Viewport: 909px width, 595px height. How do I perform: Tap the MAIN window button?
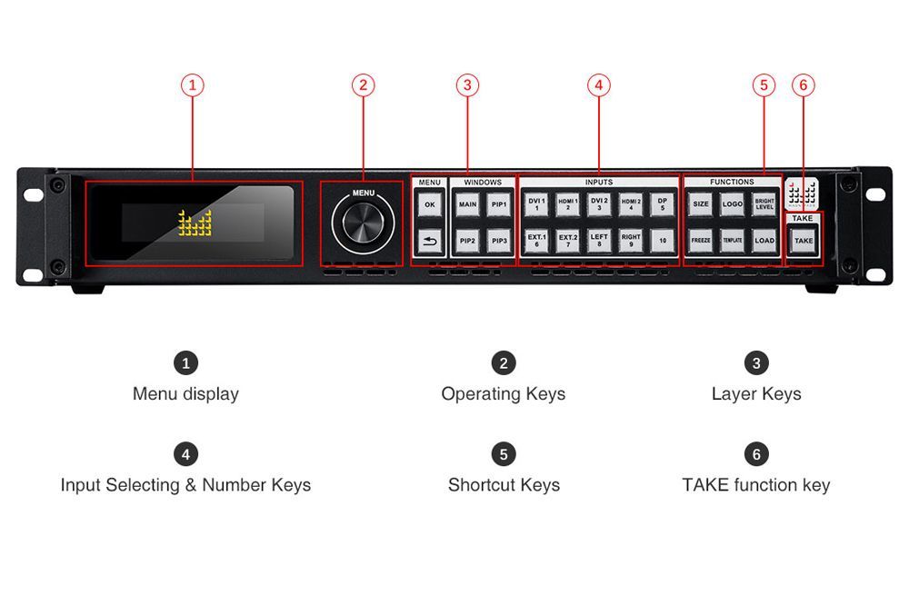tap(467, 205)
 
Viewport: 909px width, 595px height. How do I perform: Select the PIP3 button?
tap(498, 241)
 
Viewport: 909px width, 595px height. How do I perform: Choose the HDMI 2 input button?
tap(631, 204)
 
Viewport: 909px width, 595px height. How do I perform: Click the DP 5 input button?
tap(663, 204)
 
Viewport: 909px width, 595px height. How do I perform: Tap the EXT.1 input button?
tap(536, 241)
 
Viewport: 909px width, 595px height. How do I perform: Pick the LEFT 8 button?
tap(599, 241)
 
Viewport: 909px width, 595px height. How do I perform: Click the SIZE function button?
tap(701, 205)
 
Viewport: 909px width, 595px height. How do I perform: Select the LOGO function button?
tap(733, 205)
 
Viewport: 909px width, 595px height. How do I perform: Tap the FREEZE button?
tap(701, 241)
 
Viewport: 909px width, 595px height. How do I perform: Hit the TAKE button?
tap(804, 241)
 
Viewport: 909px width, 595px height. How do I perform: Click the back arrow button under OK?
tap(430, 241)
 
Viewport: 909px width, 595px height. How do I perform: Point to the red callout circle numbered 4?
tap(598, 85)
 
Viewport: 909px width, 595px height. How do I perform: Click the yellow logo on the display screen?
tap(195, 223)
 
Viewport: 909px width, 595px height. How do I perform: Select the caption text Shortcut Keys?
tap(504, 485)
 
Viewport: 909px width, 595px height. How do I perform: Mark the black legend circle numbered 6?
tap(756, 453)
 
